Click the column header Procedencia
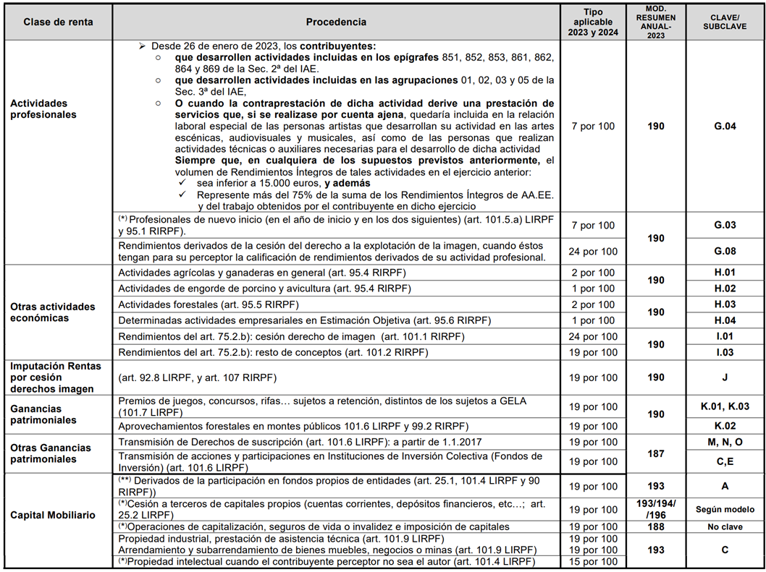tap(336, 22)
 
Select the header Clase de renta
tap(58, 22)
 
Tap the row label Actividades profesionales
tap(43, 109)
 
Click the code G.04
tap(725, 127)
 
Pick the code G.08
tap(725, 252)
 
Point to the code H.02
tap(725, 289)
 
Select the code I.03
tap(725, 352)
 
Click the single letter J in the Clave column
tap(725, 377)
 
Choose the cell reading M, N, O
tap(725, 442)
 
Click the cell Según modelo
tap(725, 509)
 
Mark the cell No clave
tap(725, 527)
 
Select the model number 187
tap(656, 454)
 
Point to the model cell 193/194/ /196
tap(656, 509)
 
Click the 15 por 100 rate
tap(593, 561)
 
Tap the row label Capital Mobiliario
tap(53, 516)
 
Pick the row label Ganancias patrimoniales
tap(43, 414)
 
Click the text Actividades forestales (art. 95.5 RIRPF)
tap(208, 304)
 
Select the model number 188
tap(656, 527)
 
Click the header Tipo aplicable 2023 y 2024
tap(593, 22)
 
